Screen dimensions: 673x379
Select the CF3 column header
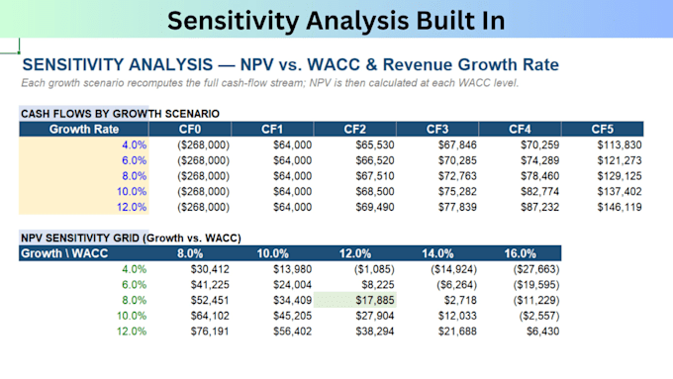(x=437, y=130)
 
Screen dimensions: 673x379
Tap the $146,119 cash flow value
(x=620, y=207)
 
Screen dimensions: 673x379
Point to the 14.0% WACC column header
(x=437, y=253)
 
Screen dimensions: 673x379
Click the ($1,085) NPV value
(x=374, y=269)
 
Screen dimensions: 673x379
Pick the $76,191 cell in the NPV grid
(x=210, y=331)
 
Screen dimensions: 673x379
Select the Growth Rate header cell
(x=84, y=130)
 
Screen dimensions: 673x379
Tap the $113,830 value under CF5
(x=620, y=144)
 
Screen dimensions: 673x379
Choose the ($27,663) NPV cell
(x=536, y=269)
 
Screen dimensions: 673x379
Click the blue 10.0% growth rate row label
(x=132, y=191)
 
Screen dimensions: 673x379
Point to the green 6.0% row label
(x=134, y=285)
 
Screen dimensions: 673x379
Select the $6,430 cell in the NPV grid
(x=543, y=331)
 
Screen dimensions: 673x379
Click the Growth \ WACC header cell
(x=64, y=253)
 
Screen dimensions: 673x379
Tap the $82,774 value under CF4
(x=540, y=191)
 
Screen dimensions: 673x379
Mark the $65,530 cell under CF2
(x=375, y=144)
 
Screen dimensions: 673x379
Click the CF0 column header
(x=190, y=130)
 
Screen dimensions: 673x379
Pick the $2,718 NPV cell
(x=460, y=300)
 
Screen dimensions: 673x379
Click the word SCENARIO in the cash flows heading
(x=192, y=114)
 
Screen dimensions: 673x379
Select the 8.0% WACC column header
(x=190, y=253)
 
